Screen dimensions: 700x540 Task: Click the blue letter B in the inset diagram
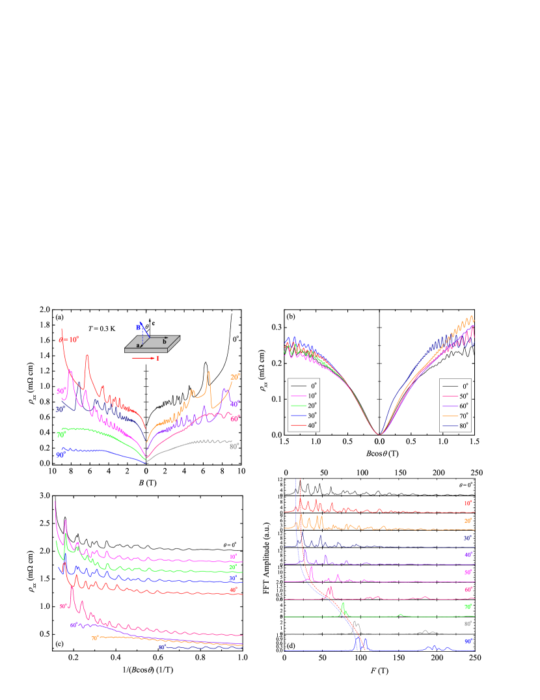pyautogui.click(x=138, y=327)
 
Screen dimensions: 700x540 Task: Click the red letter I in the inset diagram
pyautogui.click(x=157, y=358)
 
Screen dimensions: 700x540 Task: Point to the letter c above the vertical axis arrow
pyautogui.click(x=153, y=322)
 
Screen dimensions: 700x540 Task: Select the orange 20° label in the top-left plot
pyautogui.click(x=235, y=377)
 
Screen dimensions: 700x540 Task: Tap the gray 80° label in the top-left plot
pyautogui.click(x=234, y=446)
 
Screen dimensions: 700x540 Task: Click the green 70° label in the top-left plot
pyautogui.click(x=61, y=434)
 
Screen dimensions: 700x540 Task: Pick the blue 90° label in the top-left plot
pyautogui.click(x=61, y=455)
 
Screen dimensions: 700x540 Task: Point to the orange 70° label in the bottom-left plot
pyautogui.click(x=95, y=638)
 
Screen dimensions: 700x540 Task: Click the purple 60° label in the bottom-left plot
pyautogui.click(x=75, y=625)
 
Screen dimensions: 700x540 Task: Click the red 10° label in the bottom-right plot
pyautogui.click(x=468, y=503)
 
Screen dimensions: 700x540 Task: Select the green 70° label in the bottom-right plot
pyautogui.click(x=468, y=607)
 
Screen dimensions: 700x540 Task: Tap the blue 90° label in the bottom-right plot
pyautogui.click(x=468, y=642)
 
